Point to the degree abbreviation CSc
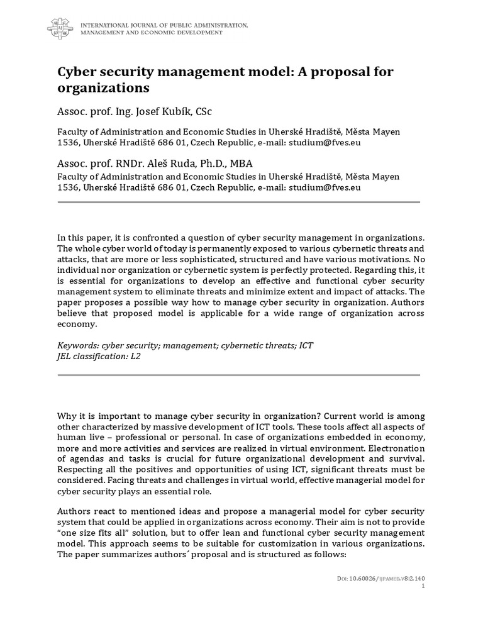pyautogui.click(x=203, y=111)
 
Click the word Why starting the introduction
pyautogui.click(x=67, y=417)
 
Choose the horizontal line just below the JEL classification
pyautogui.click(x=238, y=375)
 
